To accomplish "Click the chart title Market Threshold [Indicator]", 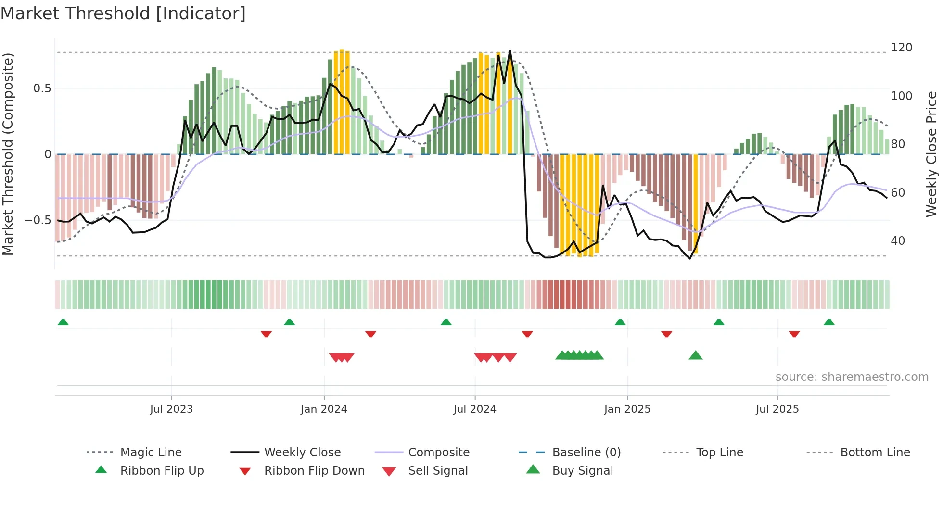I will pyautogui.click(x=123, y=13).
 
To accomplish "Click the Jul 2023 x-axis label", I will pyautogui.click(x=171, y=409).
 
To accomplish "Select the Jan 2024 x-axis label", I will pyautogui.click(x=324, y=409).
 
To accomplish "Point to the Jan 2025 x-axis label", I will pyautogui.click(x=627, y=409).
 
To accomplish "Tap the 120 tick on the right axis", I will pyautogui.click(x=901, y=48).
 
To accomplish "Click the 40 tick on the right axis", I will pyautogui.click(x=898, y=240).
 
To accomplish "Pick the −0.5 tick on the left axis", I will pyautogui.click(x=38, y=220).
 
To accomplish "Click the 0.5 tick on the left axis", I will pyautogui.click(x=42, y=88).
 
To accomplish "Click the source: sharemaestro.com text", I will pyautogui.click(x=852, y=377).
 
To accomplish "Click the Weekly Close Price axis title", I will pyautogui.click(x=931, y=154).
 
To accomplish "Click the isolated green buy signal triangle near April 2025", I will pyautogui.click(x=696, y=355).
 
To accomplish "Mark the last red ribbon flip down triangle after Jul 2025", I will pyautogui.click(x=794, y=334).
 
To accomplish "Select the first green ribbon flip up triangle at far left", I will pyautogui.click(x=63, y=322).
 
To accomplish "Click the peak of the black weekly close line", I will pyautogui.click(x=510, y=50).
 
